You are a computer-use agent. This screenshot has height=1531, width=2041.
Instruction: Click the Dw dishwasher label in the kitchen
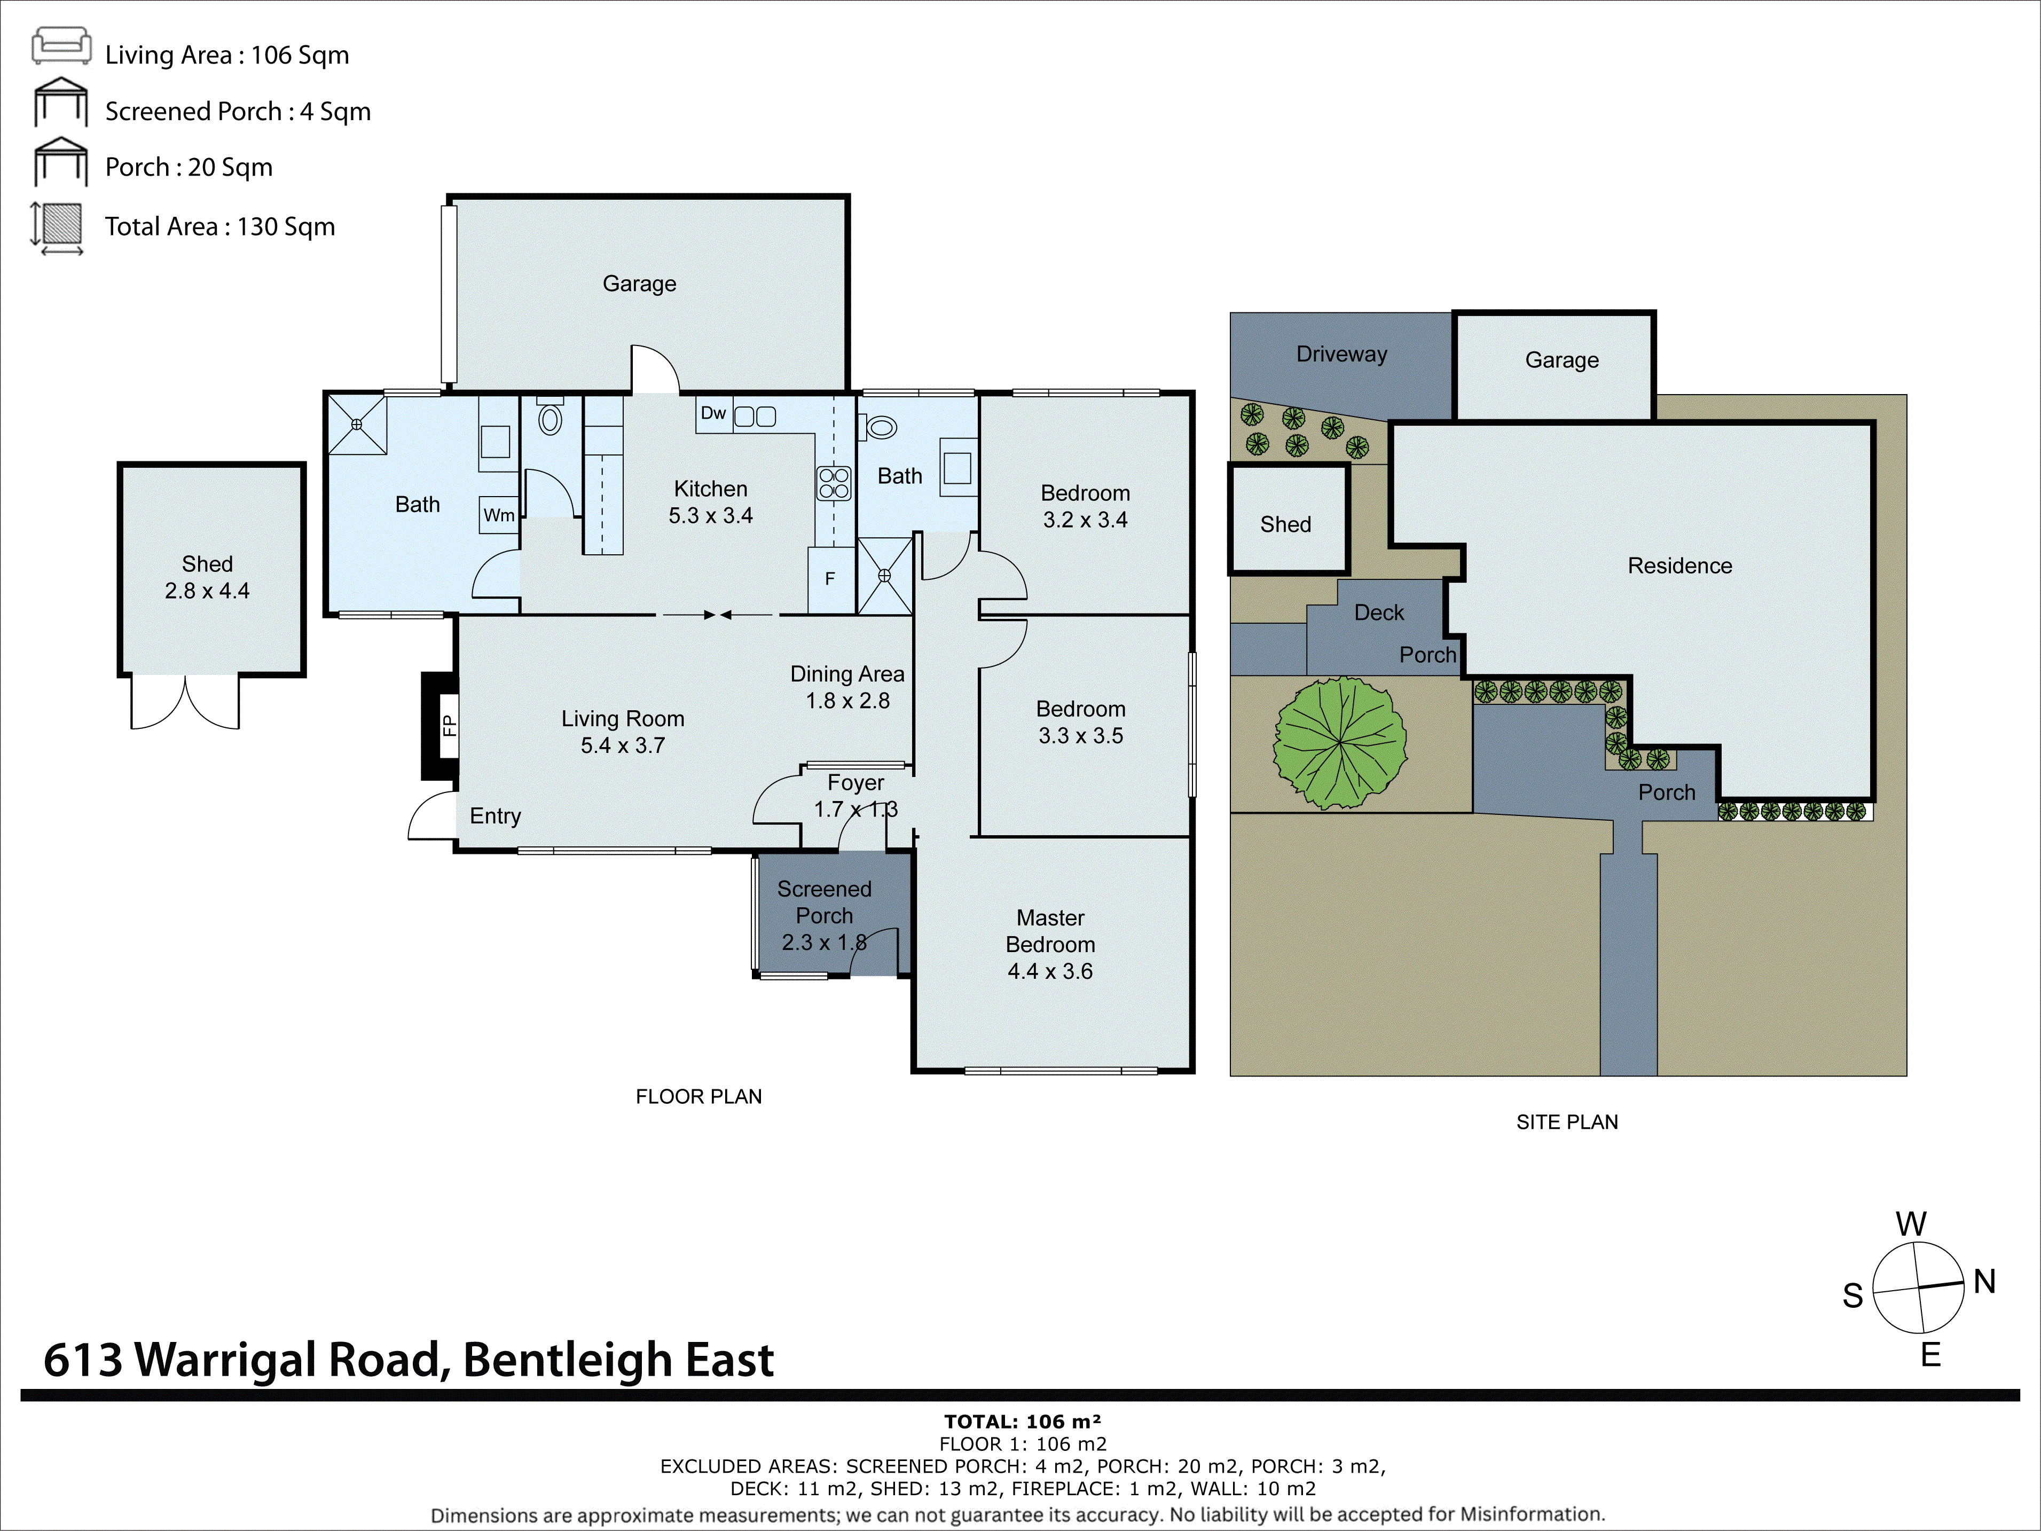712,413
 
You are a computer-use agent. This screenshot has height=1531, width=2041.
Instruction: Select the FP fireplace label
449,725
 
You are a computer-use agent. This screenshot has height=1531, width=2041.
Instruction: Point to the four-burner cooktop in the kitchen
833,483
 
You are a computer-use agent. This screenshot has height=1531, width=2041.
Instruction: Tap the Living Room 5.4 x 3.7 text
623,732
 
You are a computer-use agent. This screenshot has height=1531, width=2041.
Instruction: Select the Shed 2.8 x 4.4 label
208,577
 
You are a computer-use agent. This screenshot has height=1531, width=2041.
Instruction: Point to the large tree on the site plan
1340,742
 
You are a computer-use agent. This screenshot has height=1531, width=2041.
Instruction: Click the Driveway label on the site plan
1341,355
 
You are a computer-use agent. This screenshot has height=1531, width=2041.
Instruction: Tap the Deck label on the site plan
1378,613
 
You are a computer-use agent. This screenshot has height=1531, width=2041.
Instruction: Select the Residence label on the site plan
1679,566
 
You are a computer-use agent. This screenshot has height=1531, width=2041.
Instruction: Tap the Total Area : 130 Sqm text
219,227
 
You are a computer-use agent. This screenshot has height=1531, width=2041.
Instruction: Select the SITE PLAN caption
1567,1122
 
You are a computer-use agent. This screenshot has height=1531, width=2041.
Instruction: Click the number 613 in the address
83,1360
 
